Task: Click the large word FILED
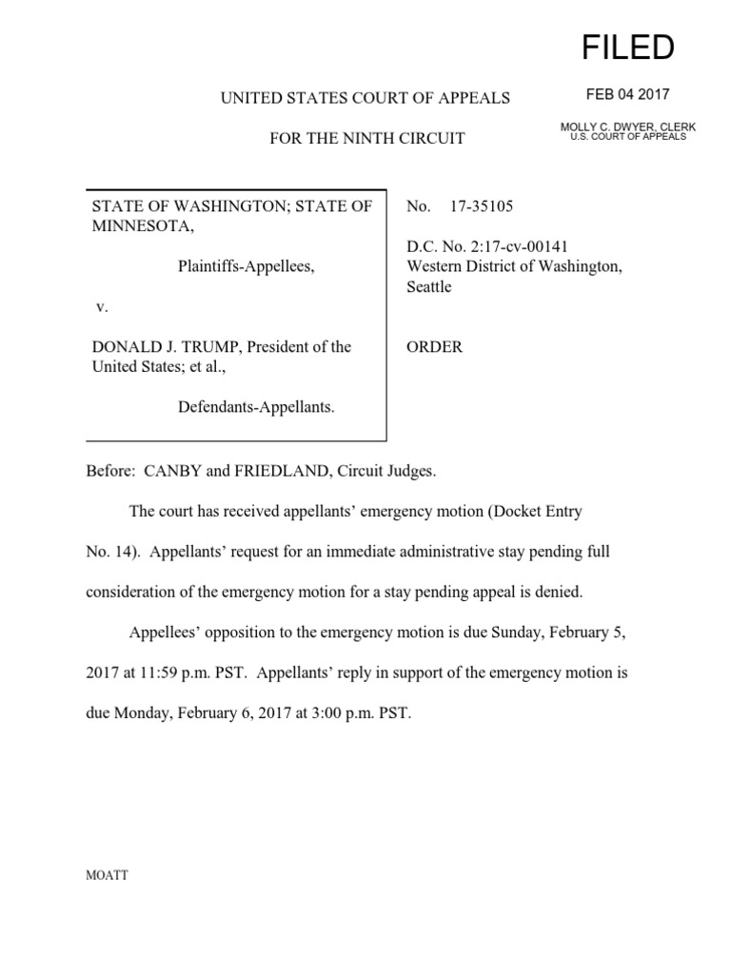pos(629,47)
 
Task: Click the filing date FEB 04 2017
pos(629,94)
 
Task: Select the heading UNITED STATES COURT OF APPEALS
pos(366,98)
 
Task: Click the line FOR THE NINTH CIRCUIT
pos(366,138)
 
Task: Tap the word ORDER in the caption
pos(435,347)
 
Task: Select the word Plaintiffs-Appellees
pos(246,267)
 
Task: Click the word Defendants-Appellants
pos(256,407)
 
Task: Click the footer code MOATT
pos(108,876)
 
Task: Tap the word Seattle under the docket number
pos(429,286)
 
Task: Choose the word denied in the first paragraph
pos(559,592)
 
